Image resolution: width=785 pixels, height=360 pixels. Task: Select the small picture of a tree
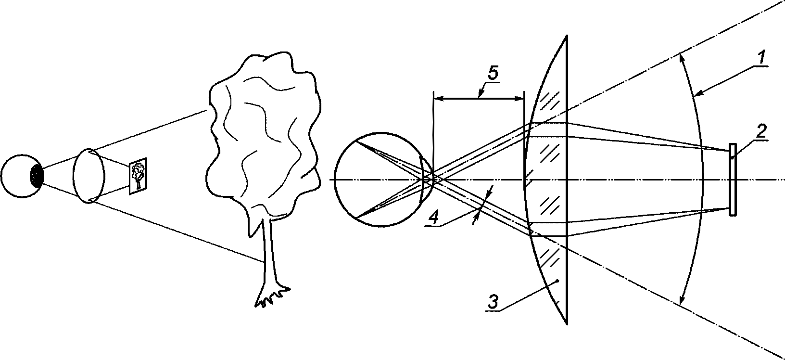pos(138,175)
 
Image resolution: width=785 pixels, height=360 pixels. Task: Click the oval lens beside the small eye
pos(89,176)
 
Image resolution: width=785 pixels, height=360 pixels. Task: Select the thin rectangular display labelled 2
pos(733,179)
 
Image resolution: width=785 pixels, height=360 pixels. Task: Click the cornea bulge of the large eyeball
pos(426,179)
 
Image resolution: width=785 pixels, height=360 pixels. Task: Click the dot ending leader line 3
pos(557,281)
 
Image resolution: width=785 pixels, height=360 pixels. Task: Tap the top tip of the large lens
pos(568,36)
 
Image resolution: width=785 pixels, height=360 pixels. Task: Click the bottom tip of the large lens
pos(568,323)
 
